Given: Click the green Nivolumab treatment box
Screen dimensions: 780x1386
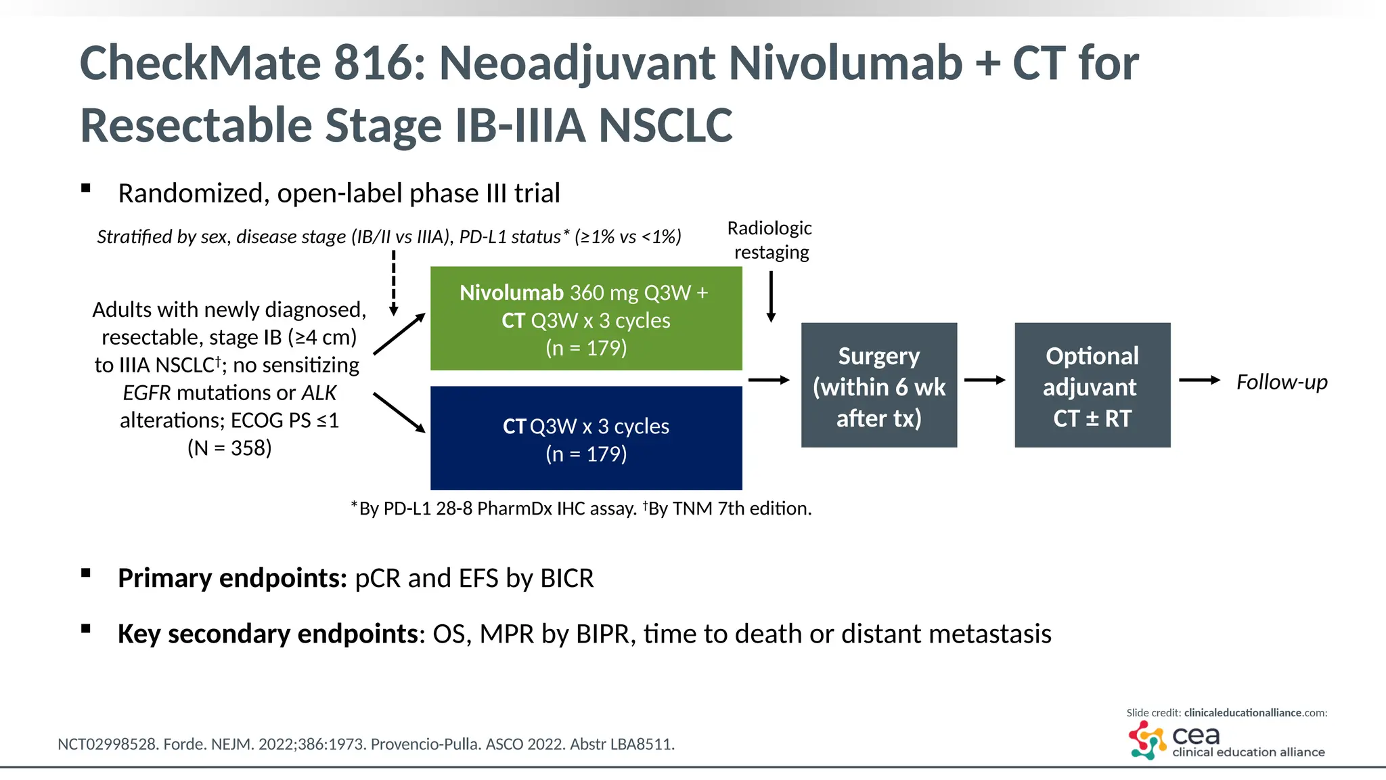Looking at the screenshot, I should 586,319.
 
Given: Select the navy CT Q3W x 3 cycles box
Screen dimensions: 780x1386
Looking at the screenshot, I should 586,438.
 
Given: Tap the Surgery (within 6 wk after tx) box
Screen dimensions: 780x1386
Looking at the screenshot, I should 879,385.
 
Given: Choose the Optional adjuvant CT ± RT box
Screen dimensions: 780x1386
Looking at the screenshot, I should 1092,385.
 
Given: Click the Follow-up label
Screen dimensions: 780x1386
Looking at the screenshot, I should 1281,382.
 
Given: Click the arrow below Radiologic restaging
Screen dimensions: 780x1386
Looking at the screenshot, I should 771,297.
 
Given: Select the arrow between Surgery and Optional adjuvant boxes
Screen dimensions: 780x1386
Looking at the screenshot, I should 985,381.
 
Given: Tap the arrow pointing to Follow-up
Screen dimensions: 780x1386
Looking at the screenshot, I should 1199,381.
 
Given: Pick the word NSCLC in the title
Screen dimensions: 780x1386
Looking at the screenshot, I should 665,126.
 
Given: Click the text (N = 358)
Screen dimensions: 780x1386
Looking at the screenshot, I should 229,448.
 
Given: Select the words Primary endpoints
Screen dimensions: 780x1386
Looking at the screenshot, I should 232,578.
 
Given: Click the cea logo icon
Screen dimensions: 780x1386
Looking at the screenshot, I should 1147,739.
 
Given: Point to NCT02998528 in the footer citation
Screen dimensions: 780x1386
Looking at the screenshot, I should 107,744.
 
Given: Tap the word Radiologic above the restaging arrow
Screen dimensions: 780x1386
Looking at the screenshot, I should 769,228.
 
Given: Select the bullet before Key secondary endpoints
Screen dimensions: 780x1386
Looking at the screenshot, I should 86,628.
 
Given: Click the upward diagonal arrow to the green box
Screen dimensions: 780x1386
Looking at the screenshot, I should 399,334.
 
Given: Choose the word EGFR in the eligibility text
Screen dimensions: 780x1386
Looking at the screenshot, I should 147,393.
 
